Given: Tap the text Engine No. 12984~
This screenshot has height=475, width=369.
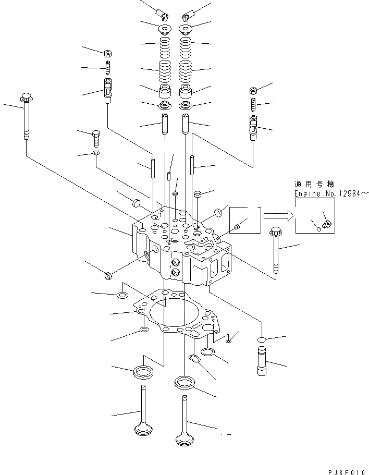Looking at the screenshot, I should click(331, 193).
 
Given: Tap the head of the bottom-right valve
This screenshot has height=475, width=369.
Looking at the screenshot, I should click(186, 438).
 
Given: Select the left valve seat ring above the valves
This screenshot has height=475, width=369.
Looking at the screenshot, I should click(143, 372).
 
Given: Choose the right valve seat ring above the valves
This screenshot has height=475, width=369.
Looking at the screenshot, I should click(185, 382).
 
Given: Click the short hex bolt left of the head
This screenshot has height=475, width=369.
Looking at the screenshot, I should click(96, 138).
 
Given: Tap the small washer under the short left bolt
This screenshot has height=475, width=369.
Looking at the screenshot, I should click(96, 153).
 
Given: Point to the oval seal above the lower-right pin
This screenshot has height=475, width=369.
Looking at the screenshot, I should click(262, 339).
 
